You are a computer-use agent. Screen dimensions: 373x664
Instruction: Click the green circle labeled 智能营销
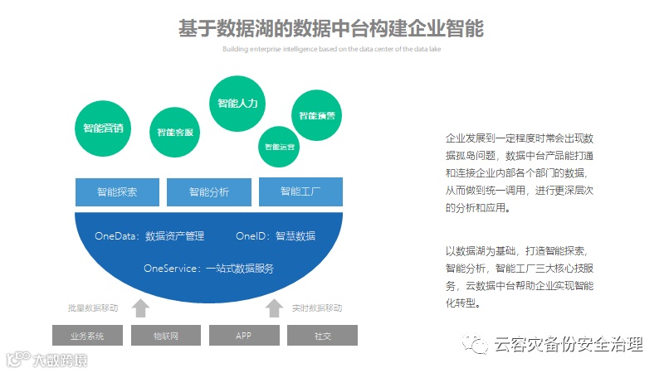[x=104, y=128]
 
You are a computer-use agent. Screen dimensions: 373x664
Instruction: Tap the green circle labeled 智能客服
[x=175, y=132]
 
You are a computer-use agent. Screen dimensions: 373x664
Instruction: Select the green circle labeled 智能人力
[x=237, y=104]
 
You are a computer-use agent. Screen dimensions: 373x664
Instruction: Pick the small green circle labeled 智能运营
[x=280, y=147]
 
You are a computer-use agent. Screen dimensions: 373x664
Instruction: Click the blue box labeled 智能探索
[x=117, y=191]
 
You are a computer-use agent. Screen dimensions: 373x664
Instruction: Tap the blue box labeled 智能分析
[x=208, y=191]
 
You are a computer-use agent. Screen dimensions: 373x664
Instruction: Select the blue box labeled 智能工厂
[x=300, y=191]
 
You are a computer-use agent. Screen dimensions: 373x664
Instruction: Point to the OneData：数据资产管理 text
[x=149, y=236]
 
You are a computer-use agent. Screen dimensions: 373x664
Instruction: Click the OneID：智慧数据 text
[x=276, y=236]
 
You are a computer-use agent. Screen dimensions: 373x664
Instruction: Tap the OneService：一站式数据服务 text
[x=208, y=269]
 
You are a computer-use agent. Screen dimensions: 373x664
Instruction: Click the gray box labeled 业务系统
[x=88, y=336]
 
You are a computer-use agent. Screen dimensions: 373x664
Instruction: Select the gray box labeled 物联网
[x=165, y=336]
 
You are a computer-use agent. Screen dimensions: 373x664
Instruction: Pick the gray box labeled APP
[x=243, y=336]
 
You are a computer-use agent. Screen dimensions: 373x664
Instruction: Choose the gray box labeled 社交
[x=322, y=336]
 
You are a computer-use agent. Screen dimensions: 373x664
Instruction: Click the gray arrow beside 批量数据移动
[x=141, y=308]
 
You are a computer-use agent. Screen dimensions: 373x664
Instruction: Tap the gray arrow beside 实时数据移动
[x=274, y=308]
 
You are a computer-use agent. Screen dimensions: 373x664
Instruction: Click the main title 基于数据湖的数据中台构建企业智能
[x=331, y=28]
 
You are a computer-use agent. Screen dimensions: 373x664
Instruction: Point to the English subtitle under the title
[x=331, y=49]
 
